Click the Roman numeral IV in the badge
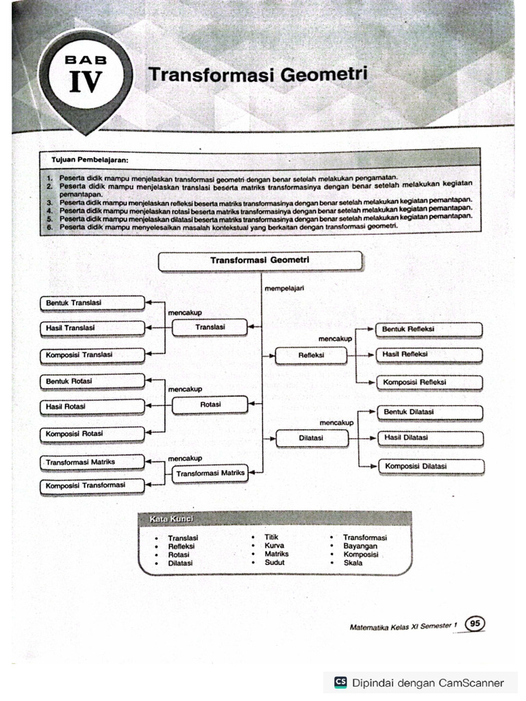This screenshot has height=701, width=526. [86, 83]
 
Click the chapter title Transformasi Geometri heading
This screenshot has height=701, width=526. [258, 74]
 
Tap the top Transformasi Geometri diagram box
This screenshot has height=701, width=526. [260, 261]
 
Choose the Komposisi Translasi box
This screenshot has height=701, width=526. [92, 355]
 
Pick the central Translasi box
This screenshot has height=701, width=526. [210, 328]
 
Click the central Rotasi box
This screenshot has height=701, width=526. [210, 405]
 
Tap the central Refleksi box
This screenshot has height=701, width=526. [311, 355]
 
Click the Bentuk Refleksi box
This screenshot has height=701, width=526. [429, 329]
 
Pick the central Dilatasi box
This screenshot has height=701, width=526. [311, 437]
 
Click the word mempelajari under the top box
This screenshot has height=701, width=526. [284, 289]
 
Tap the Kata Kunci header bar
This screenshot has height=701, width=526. [274, 520]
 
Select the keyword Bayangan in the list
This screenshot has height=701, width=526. [362, 546]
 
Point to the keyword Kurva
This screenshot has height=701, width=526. [274, 546]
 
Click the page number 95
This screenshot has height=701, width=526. [474, 624]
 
